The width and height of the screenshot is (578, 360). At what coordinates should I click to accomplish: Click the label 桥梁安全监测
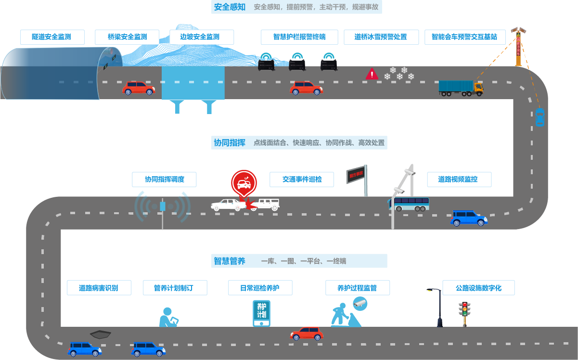127,37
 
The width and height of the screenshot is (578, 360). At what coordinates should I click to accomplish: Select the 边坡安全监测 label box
202,37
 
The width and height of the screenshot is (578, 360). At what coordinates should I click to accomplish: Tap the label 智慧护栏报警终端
299,37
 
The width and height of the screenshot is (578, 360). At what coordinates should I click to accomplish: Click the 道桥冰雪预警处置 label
381,37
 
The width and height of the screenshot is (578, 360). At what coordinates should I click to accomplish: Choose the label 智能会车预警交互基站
464,37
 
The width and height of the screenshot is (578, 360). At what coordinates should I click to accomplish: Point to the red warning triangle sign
372,74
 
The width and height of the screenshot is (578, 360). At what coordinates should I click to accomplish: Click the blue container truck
461,88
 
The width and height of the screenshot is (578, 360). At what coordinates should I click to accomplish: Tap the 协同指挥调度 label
164,180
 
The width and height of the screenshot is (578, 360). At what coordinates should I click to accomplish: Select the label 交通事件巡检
302,180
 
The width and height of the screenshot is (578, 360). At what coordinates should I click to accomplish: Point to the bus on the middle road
409,204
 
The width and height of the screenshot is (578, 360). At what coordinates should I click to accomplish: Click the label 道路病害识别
99,288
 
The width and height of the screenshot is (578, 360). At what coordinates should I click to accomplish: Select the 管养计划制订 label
175,288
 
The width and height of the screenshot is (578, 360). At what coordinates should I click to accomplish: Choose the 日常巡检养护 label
260,288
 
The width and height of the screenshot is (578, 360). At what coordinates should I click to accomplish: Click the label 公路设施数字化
478,288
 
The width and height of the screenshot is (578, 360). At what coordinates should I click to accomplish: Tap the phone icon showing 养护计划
261,313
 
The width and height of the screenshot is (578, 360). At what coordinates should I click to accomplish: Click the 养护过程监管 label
357,288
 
